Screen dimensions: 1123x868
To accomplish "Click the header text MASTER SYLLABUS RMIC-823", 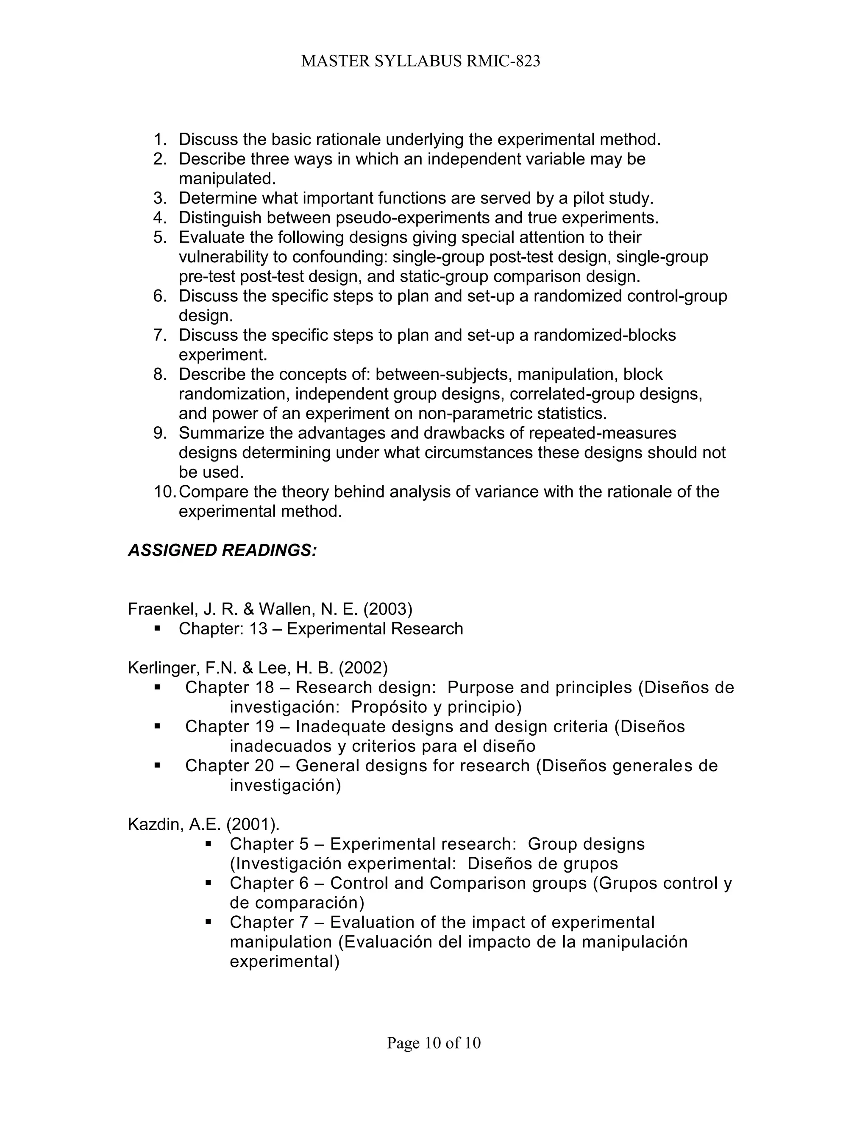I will point(420,61).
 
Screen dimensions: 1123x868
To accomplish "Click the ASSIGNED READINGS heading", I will point(222,550).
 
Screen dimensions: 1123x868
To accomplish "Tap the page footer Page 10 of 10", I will point(434,1043).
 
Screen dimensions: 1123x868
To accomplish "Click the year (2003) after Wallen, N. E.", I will point(388,609).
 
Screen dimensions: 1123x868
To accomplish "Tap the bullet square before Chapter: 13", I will point(157,628).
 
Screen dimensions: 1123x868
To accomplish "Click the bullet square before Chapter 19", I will point(157,726).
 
